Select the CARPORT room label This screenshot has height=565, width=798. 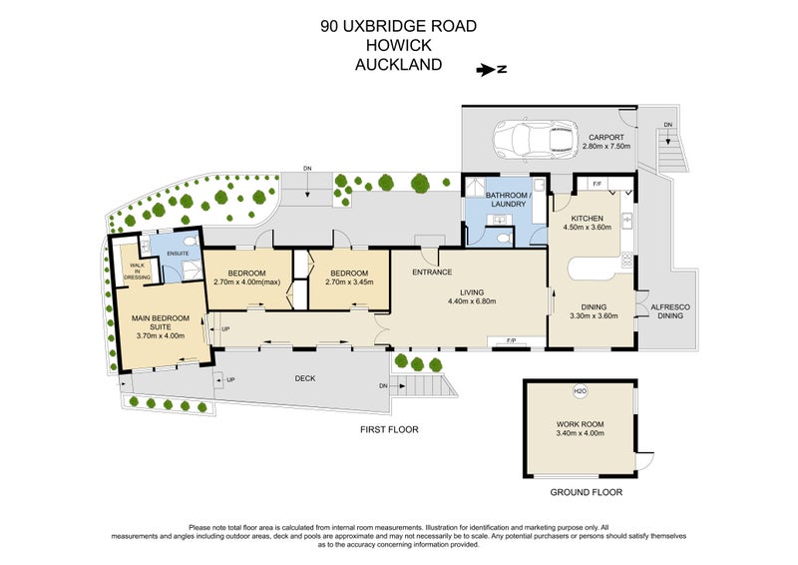click(605, 137)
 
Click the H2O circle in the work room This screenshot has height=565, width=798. click(580, 391)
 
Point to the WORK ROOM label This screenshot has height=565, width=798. click(580, 424)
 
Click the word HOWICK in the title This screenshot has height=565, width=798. click(398, 47)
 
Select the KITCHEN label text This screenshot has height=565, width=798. click(589, 218)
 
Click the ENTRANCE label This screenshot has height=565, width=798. click(432, 272)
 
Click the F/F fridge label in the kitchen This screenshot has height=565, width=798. click(597, 184)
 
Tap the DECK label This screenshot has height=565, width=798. click(304, 378)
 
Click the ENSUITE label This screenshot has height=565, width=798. click(179, 254)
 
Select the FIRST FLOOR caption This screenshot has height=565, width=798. click(389, 429)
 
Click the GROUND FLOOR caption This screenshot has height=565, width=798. click(587, 493)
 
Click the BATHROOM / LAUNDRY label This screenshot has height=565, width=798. click(508, 199)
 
